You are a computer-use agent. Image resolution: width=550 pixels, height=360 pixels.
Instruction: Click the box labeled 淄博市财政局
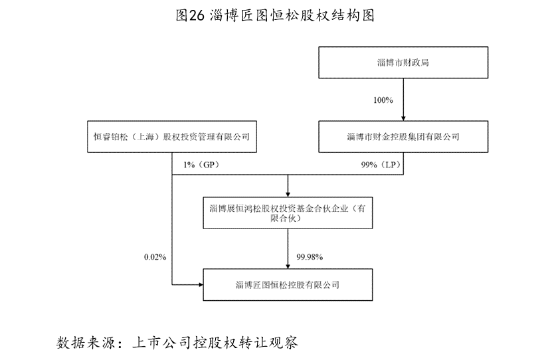[x=403, y=62]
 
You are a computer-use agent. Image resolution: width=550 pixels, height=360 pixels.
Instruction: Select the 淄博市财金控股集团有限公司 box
[x=403, y=136]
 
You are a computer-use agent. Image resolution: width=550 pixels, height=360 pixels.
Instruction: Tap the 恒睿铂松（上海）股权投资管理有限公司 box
[x=172, y=136]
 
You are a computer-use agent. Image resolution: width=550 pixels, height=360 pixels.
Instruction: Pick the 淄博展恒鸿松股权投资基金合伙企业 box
[x=288, y=213]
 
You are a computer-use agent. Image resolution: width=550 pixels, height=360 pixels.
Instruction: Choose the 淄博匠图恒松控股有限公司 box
[x=288, y=284]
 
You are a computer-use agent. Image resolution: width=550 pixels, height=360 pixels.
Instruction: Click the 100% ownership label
[x=383, y=100]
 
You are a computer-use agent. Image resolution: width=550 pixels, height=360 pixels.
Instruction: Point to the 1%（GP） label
[x=201, y=165]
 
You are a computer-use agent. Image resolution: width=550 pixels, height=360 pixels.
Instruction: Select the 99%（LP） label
[x=381, y=165]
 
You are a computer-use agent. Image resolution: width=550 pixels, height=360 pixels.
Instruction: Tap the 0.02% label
[x=155, y=257]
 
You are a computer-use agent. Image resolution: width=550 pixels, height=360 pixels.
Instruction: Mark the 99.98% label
[x=310, y=257]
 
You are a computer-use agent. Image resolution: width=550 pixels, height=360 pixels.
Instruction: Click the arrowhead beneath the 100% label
[x=403, y=118]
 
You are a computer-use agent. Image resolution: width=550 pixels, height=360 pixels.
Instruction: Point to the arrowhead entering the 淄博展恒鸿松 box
[x=288, y=195]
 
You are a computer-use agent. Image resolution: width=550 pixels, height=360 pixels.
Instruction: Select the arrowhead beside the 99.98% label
[x=288, y=266]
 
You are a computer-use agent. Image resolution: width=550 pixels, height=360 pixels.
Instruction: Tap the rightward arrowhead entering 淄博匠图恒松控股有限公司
[x=201, y=284]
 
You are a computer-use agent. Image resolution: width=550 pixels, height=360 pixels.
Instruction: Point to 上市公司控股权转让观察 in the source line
[x=215, y=343]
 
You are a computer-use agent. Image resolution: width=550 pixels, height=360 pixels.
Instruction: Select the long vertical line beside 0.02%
[x=172, y=219]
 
